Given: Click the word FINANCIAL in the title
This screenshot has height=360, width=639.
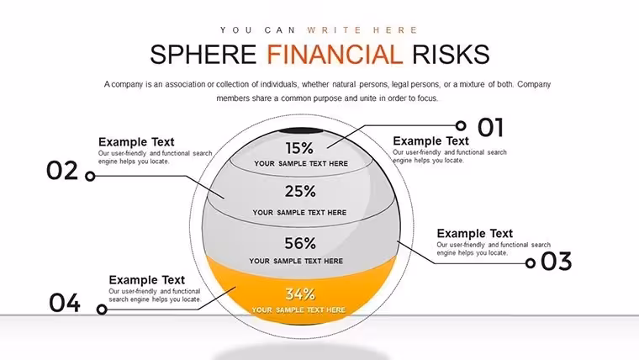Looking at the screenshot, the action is [335, 55].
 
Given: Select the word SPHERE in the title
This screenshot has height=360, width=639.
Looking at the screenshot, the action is [203, 55].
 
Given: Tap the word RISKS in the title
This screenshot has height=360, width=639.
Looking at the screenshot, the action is [451, 55].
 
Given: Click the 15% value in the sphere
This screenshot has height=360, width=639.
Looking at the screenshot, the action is [299, 148].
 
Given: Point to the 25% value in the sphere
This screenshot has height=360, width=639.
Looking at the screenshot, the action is [300, 191].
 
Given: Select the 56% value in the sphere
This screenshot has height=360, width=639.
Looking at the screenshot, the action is [300, 243].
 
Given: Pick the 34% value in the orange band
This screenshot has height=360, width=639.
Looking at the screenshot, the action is [300, 294].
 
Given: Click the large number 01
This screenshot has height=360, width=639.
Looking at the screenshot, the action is [490, 127].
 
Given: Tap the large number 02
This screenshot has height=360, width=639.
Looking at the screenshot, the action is [62, 171].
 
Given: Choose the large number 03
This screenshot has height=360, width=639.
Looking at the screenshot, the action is [557, 262].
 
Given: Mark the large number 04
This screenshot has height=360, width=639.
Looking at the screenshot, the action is [65, 303].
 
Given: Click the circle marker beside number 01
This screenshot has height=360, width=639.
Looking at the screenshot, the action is [461, 125].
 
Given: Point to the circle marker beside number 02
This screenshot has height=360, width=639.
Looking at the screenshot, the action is [90, 176].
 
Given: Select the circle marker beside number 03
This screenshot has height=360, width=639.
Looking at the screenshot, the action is [531, 263].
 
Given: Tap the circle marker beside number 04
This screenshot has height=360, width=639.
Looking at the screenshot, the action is [102, 310].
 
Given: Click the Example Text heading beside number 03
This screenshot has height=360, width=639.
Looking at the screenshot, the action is [475, 234].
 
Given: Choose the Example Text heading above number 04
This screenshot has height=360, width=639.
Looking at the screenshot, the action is [146, 280].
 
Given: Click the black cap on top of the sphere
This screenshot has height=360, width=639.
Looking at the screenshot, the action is [300, 131].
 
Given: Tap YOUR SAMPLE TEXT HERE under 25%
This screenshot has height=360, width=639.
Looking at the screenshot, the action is [299, 213].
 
